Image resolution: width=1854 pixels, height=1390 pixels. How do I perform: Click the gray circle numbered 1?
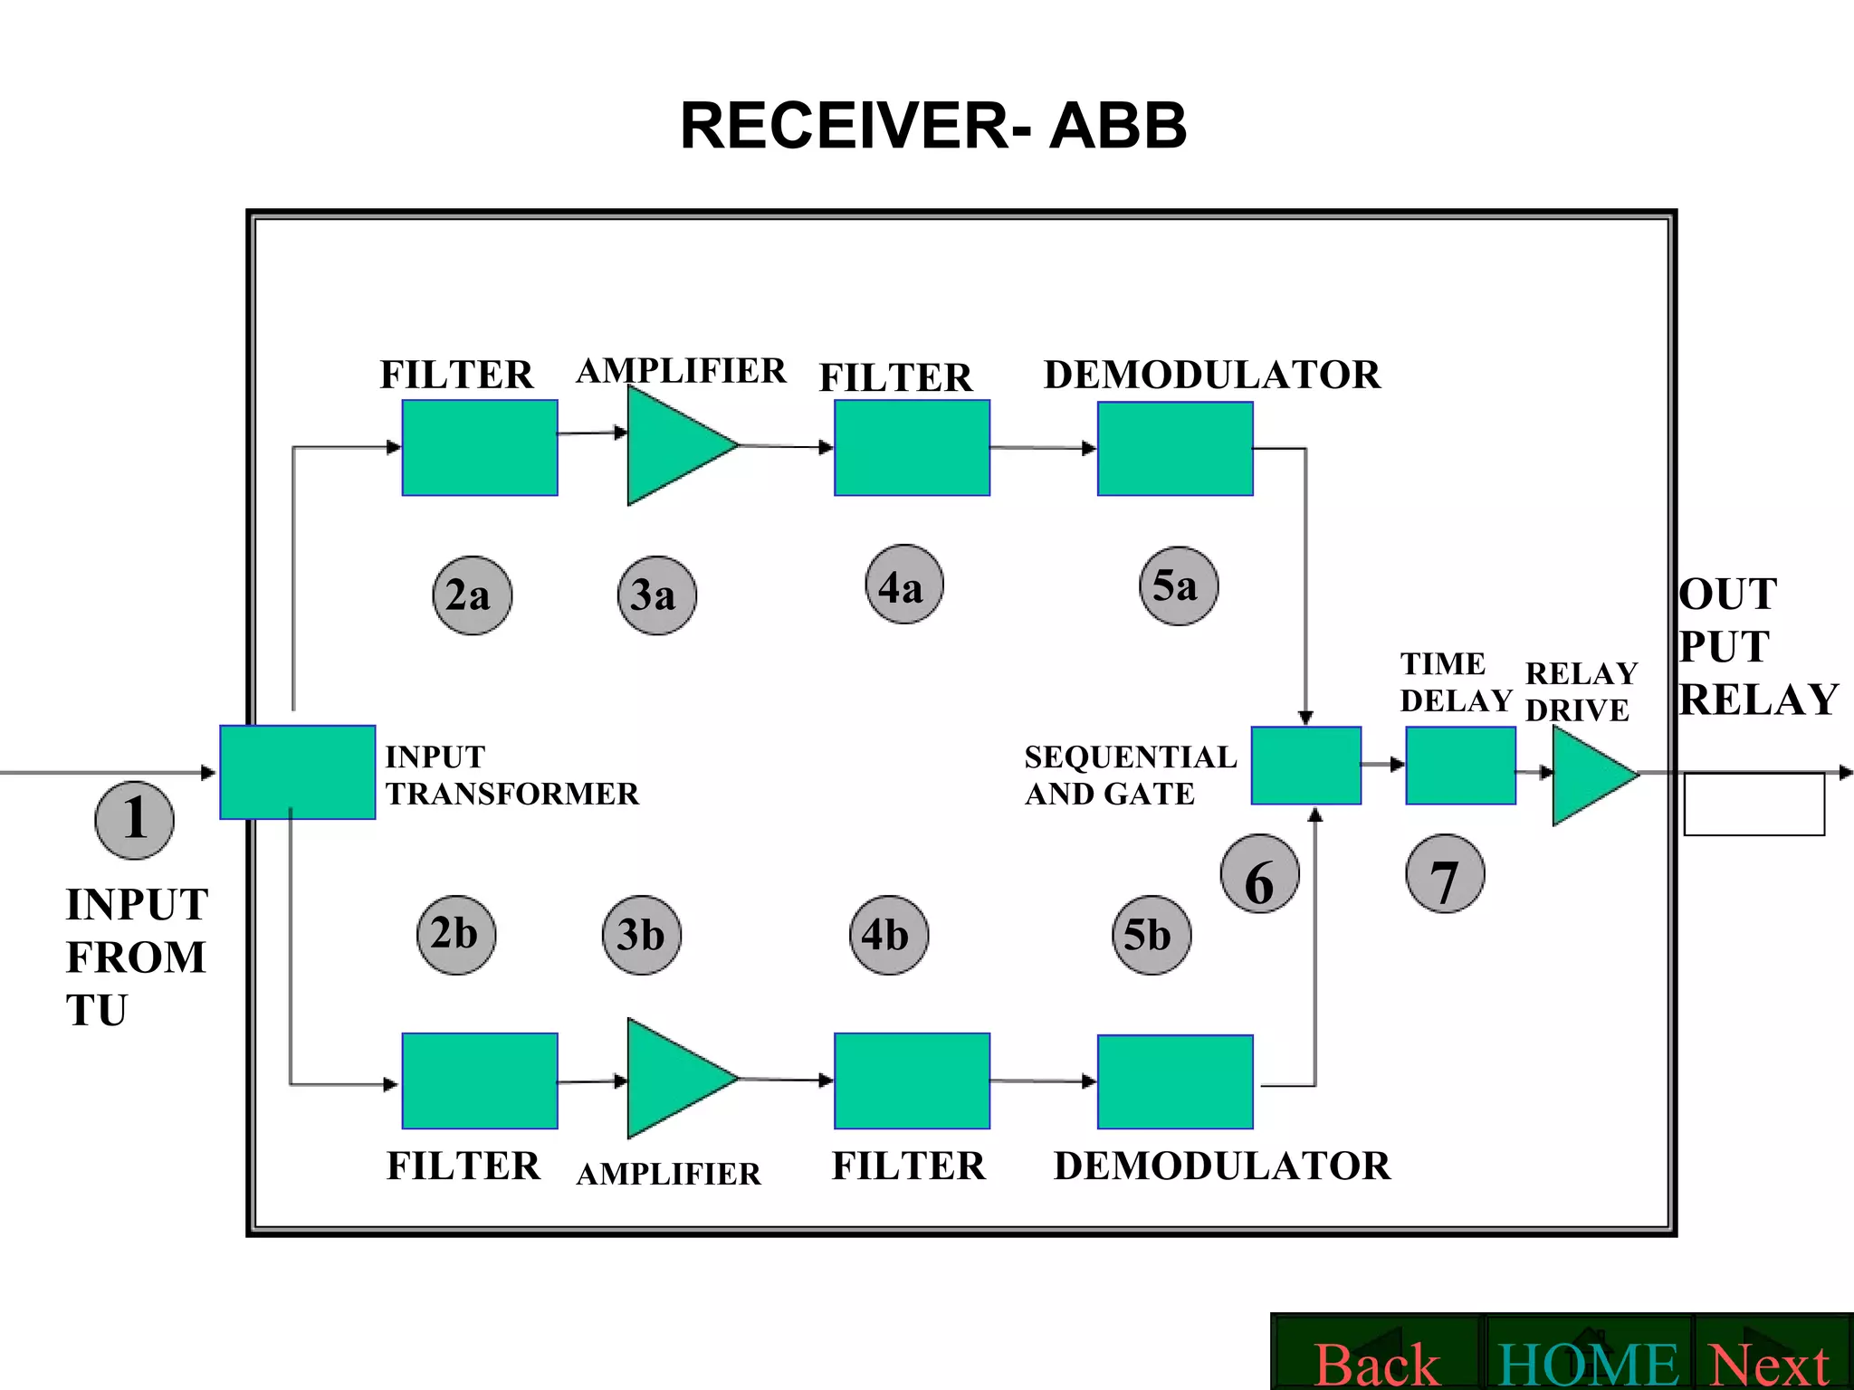[x=134, y=820]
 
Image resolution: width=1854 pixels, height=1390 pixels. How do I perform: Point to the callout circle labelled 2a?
[x=472, y=595]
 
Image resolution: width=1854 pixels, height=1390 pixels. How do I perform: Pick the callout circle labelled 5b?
[x=1151, y=935]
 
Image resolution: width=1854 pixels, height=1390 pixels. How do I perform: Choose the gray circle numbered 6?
[x=1259, y=874]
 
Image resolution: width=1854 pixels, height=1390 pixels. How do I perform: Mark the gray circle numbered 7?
[x=1445, y=874]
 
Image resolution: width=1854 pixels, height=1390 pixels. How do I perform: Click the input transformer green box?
[x=298, y=772]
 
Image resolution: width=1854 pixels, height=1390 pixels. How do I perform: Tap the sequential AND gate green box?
[x=1305, y=766]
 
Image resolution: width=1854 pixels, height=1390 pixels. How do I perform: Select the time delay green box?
[x=1460, y=766]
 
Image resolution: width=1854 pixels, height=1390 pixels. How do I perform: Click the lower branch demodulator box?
[x=1175, y=1081]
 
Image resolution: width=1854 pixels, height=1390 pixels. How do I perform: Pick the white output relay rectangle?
[x=1754, y=804]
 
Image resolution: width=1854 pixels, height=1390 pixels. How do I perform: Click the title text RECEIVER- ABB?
[x=932, y=126]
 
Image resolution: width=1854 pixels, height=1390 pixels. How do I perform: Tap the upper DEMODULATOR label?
[x=1211, y=375]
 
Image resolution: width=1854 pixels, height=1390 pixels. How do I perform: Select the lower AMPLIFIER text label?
[x=668, y=1174]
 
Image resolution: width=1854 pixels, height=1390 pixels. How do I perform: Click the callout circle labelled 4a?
[x=903, y=585]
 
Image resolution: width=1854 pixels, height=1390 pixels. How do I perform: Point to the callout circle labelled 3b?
[x=641, y=935]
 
